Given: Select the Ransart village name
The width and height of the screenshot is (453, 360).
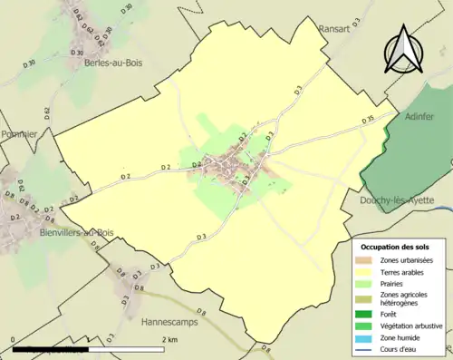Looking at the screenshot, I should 341,27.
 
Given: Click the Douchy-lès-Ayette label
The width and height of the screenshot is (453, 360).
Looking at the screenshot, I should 398,199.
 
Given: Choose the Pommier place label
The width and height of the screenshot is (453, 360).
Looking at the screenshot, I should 19,134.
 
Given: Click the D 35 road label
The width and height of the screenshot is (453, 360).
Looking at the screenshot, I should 367,120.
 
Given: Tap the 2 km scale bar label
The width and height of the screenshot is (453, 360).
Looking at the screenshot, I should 169,339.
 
